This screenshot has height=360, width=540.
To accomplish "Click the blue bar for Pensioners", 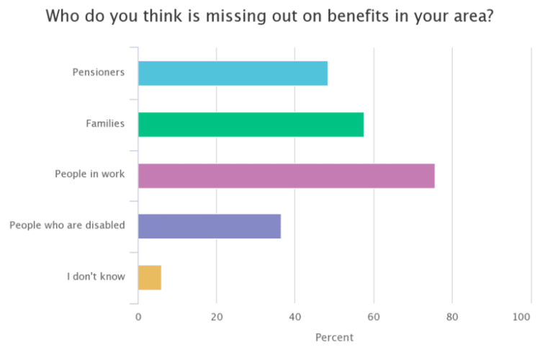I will (x=233, y=73).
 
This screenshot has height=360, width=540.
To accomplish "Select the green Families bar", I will (x=251, y=125).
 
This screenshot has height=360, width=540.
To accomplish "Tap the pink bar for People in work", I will (x=286, y=176).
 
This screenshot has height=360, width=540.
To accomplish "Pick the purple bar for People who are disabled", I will (x=209, y=226).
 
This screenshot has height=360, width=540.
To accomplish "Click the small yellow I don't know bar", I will (x=149, y=277).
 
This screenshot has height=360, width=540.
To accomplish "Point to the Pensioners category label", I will (x=99, y=72).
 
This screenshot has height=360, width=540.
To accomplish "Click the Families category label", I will (x=105, y=123).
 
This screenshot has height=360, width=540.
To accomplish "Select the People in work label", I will (x=90, y=174).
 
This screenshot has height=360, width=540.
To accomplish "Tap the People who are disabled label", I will (x=67, y=225).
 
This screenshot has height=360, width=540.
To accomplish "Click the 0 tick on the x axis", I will (x=138, y=316).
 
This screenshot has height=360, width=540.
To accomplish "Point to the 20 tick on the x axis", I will (x=217, y=316).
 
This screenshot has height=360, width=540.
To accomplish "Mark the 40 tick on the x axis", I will (x=295, y=316).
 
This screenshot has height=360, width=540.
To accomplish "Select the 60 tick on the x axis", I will (x=374, y=316).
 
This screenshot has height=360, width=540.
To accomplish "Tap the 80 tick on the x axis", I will (x=452, y=316).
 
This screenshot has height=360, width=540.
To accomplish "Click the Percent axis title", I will (x=335, y=337).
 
